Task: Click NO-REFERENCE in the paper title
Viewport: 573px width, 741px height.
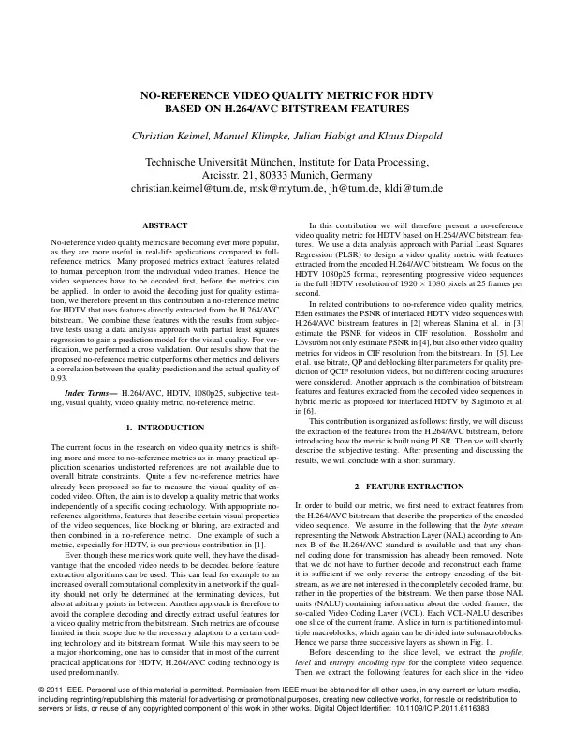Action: [183, 95]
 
